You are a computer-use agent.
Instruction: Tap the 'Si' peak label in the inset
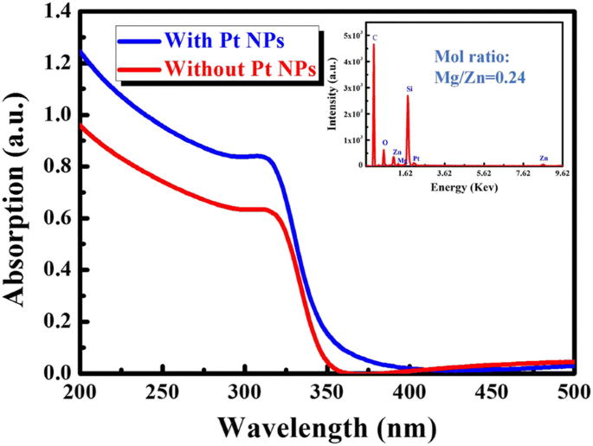(x=409, y=88)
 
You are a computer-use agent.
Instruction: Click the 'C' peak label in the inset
(x=375, y=38)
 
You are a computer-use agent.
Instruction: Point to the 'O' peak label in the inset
(x=384, y=143)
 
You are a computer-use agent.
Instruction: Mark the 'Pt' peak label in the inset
(x=416, y=158)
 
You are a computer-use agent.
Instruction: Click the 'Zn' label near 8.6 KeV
(x=544, y=158)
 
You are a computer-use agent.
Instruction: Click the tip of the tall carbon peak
(x=374, y=45)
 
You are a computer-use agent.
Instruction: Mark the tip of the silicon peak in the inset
(x=408, y=96)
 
